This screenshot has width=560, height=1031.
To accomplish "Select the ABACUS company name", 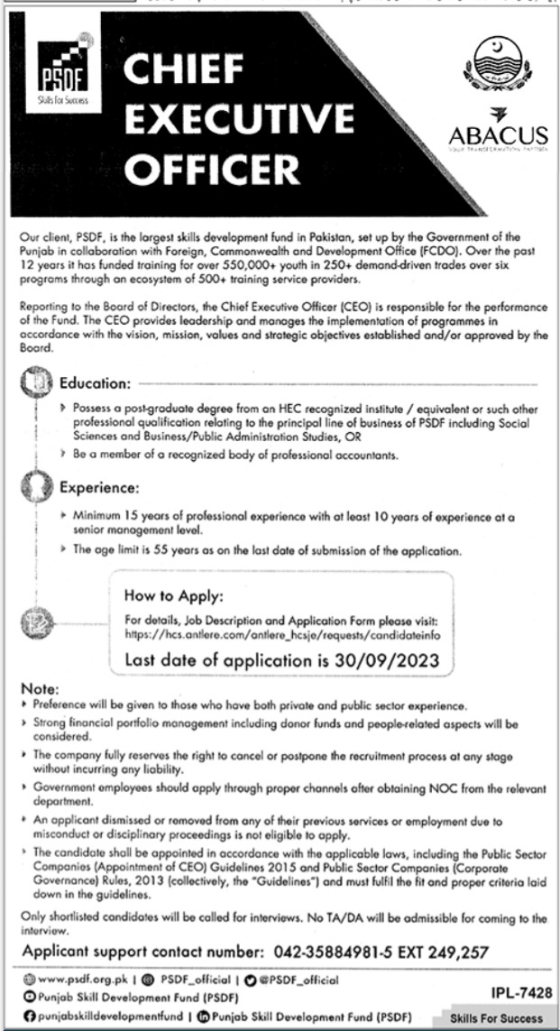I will (x=499, y=135).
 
